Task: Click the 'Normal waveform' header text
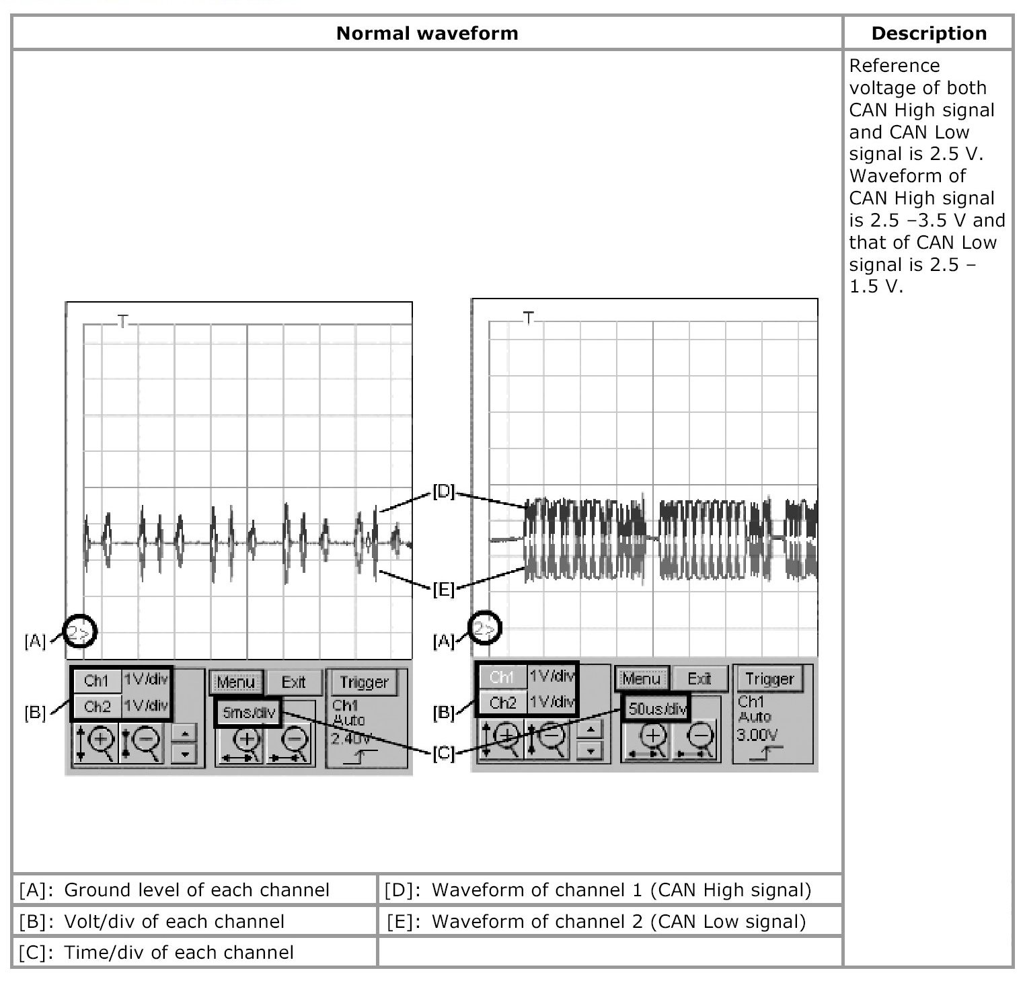tap(427, 33)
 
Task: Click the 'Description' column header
tap(928, 33)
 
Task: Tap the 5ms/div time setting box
tap(249, 713)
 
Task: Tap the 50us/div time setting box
tap(656, 708)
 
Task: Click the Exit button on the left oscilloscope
tap(293, 682)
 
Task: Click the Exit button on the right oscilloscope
tap(699, 678)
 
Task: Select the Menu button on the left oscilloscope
tap(235, 682)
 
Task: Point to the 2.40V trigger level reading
tap(350, 739)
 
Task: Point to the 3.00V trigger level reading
tap(757, 734)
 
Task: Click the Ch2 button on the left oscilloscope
tap(97, 707)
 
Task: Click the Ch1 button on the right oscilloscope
tap(502, 676)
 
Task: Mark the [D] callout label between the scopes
tap(444, 492)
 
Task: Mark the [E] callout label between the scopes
tap(443, 590)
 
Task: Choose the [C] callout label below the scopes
tap(443, 754)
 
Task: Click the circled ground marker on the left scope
tap(80, 631)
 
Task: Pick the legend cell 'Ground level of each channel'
tap(195, 890)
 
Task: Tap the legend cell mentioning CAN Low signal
tap(609, 921)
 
